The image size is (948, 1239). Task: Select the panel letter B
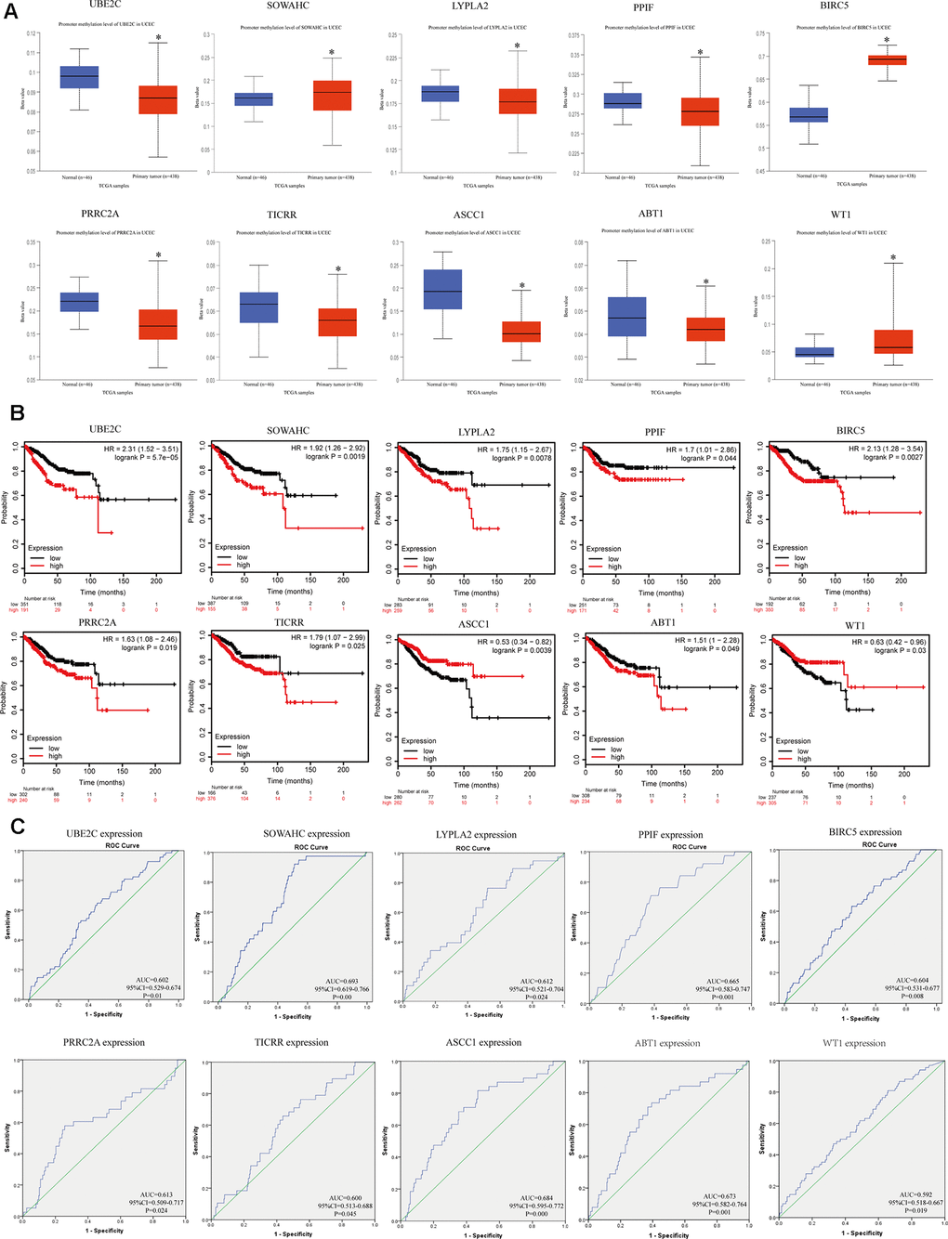(16, 411)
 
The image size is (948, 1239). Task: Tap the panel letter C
(16, 825)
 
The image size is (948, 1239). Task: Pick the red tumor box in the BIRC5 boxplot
(887, 60)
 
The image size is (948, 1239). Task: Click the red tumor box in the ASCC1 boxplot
(521, 332)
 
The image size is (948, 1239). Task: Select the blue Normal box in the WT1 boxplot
(814, 352)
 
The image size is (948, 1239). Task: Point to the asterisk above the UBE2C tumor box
(158, 39)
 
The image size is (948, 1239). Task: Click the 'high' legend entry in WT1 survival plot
(804, 759)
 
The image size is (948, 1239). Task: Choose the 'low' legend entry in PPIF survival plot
(613, 558)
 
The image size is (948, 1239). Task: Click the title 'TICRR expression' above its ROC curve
(291, 1042)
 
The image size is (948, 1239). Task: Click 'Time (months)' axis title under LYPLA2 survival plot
(477, 592)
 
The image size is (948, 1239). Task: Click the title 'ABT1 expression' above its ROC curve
(667, 1043)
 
